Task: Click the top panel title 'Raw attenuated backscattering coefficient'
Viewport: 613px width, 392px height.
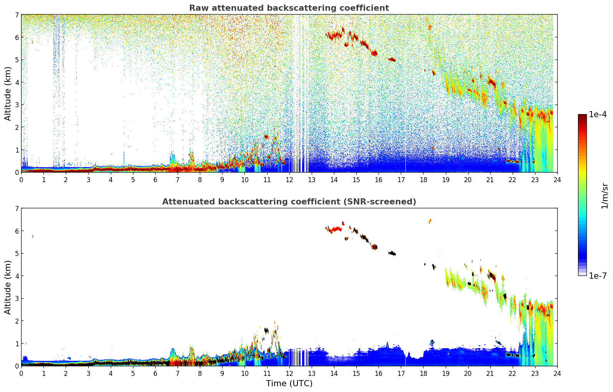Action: point(289,8)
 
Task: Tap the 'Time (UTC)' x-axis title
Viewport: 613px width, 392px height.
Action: point(289,384)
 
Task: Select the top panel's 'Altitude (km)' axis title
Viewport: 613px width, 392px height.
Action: point(8,93)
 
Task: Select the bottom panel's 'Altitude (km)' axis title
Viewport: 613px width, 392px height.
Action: point(8,287)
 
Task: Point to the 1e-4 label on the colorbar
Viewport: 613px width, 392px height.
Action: point(598,115)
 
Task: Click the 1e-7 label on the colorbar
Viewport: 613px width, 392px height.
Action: point(598,276)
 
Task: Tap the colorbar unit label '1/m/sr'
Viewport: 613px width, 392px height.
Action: point(605,195)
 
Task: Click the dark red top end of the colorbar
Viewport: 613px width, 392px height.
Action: point(582,116)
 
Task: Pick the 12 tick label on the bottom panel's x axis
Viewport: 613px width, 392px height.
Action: point(289,374)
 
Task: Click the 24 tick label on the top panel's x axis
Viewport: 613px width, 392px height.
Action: point(557,180)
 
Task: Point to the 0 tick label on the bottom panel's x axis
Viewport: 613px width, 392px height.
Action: point(21,374)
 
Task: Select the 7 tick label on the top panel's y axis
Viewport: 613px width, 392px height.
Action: point(17,15)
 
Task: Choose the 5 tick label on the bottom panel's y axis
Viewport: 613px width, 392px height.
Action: point(17,253)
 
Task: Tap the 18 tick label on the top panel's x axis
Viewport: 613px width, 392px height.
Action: point(423,180)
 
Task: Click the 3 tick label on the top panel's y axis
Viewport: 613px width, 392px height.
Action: point(17,105)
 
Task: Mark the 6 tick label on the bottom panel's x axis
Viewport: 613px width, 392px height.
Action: point(155,374)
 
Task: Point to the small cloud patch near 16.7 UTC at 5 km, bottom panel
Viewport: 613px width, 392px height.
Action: point(392,253)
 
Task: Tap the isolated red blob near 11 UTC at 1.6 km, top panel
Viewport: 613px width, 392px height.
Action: point(266,136)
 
